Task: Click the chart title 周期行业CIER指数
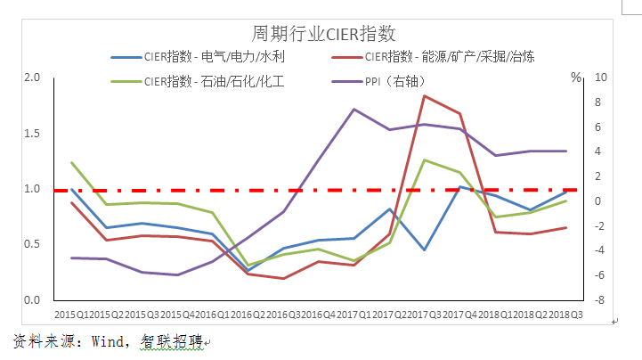tap(323, 34)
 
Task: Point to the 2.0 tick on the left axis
tap(33, 78)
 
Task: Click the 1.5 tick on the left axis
tap(33, 133)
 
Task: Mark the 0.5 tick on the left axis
tap(33, 244)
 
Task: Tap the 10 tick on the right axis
tap(600, 78)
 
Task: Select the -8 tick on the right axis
tap(601, 300)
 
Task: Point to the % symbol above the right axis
tap(575, 78)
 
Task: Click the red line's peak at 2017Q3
tap(425, 95)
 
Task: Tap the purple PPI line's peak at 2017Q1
tap(354, 110)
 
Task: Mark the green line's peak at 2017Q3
tap(425, 160)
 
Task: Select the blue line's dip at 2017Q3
tap(425, 250)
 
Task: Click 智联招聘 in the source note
tap(170, 342)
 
